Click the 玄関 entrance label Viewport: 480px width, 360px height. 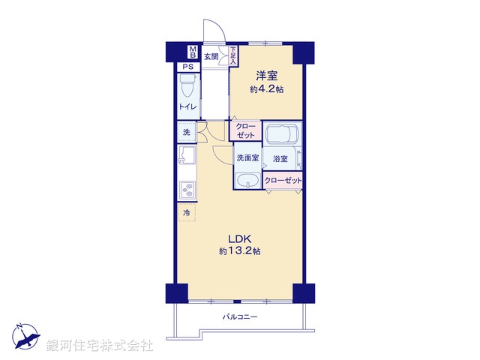point(211,55)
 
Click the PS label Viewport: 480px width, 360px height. point(187,67)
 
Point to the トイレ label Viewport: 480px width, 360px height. point(187,107)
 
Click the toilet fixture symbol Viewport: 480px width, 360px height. point(189,89)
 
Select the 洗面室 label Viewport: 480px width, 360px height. point(247,158)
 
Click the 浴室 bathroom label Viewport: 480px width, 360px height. point(280,159)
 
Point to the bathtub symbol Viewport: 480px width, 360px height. point(281,135)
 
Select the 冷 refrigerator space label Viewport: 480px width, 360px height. point(187,213)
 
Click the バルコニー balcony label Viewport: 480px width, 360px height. point(240,317)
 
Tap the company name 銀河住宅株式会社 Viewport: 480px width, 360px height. point(99,346)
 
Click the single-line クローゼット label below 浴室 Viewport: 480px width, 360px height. point(283,181)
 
